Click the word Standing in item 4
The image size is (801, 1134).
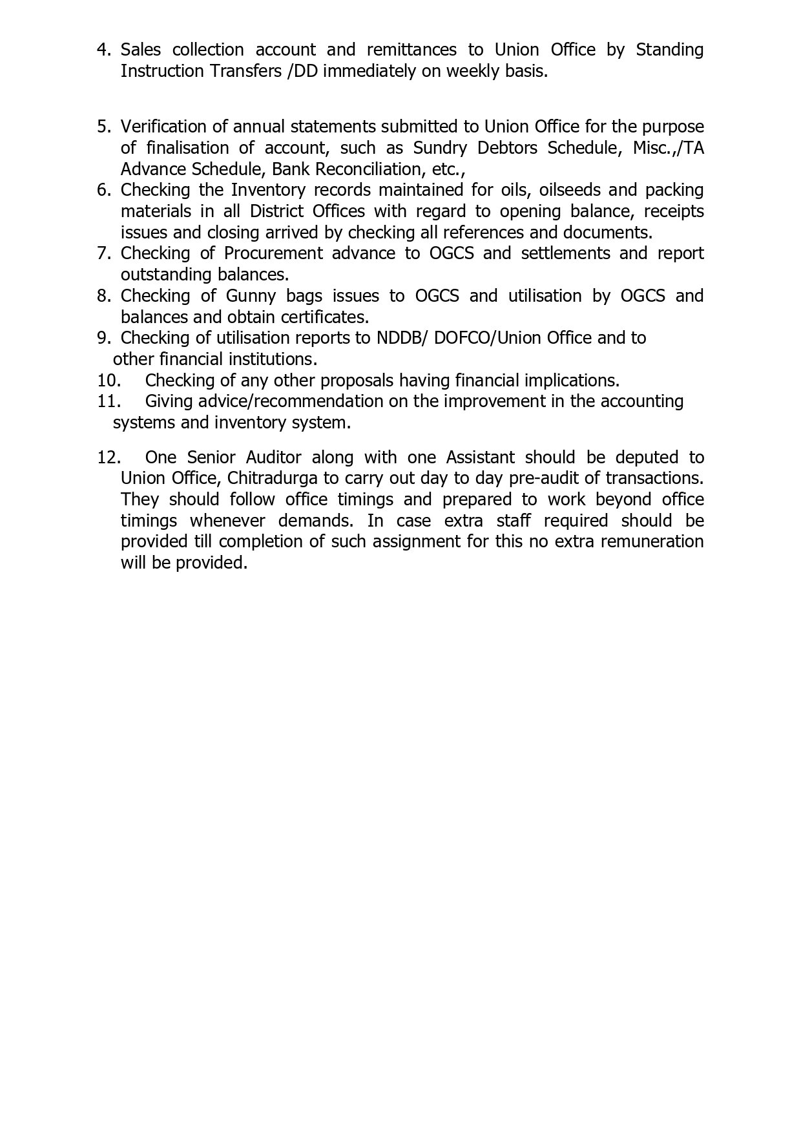tap(669, 50)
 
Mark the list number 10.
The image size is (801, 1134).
tap(109, 381)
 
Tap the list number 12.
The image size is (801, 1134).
tap(109, 457)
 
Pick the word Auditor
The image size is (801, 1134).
tap(273, 457)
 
